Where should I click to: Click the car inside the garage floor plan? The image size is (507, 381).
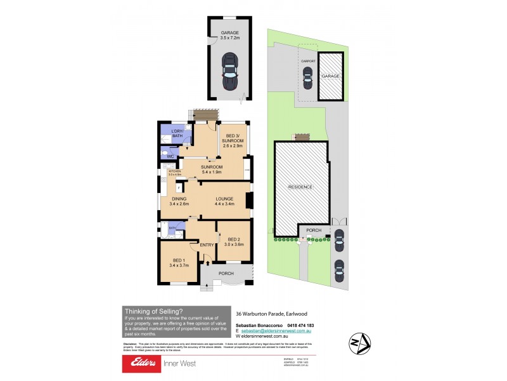[229, 71]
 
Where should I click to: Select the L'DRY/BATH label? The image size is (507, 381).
[172, 133]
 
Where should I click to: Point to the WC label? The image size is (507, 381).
[170, 156]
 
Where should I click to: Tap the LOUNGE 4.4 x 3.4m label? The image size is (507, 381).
[224, 201]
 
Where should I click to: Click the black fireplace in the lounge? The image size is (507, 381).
[250, 201]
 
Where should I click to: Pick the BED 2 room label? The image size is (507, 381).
[234, 241]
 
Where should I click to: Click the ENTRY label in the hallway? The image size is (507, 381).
[207, 245]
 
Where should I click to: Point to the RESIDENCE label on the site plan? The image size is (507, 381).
[300, 187]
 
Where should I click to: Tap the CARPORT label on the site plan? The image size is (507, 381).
[308, 62]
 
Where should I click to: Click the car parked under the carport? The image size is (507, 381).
[308, 79]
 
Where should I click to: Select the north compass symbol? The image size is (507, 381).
[359, 344]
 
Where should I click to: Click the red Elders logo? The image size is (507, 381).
[143, 363]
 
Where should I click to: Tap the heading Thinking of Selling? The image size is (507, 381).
[154, 311]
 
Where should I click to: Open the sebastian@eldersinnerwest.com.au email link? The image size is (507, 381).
[276, 331]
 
